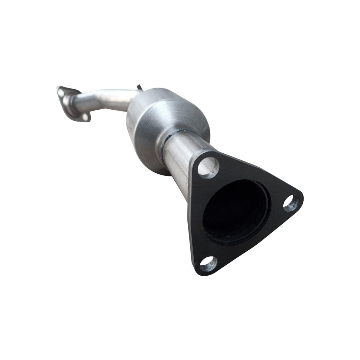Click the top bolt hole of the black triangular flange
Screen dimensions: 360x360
208,166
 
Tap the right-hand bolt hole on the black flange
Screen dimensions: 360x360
291,203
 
